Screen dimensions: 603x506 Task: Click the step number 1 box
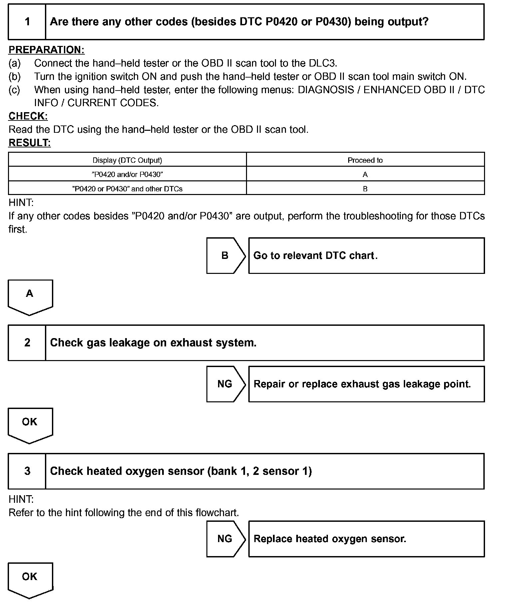[x=27, y=22]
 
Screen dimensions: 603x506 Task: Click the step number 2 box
[x=27, y=343]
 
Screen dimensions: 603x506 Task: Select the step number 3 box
[x=27, y=471]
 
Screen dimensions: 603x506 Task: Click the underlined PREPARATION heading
[x=46, y=50]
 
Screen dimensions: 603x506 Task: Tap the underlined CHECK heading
[x=28, y=116]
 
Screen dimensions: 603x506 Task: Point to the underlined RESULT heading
[x=30, y=143]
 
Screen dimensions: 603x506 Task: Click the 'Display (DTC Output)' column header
[x=127, y=160]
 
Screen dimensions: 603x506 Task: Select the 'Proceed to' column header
[x=365, y=160]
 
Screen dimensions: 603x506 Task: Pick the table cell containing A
[x=365, y=174]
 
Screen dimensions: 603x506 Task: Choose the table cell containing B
[x=365, y=189]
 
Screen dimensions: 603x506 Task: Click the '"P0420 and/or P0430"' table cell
[x=127, y=174]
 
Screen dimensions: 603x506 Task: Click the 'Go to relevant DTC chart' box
[x=366, y=256]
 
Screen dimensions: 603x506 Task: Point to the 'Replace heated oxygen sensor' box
[x=366, y=539]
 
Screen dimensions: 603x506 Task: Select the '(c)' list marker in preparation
[x=14, y=90]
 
